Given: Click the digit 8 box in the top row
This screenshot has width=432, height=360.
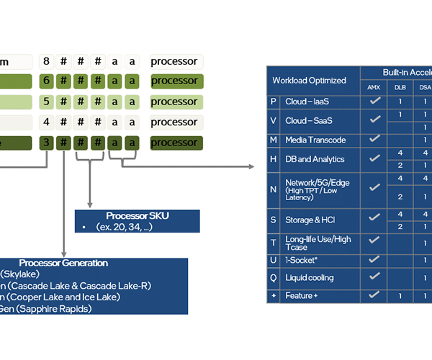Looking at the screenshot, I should [x=47, y=62].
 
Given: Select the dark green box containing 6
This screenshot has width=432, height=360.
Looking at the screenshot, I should [x=47, y=81].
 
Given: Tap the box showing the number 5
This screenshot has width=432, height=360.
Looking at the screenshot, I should [x=47, y=102].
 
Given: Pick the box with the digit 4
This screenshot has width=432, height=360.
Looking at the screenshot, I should [x=47, y=122].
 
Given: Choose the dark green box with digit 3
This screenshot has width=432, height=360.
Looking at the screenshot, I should [x=47, y=143].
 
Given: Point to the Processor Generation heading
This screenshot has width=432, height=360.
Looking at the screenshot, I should [x=63, y=264].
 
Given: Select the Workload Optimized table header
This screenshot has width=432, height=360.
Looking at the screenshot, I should [x=309, y=80].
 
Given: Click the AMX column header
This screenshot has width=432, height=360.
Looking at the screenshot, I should [x=374, y=87].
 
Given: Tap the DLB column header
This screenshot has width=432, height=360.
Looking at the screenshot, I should [x=400, y=87].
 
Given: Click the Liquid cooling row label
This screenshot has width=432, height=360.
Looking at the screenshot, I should [x=310, y=277].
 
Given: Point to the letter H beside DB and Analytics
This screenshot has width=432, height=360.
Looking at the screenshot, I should [x=274, y=159].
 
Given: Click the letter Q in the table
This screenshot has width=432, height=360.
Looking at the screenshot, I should [x=274, y=277].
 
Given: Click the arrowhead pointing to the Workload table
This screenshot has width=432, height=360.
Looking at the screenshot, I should [x=251, y=167].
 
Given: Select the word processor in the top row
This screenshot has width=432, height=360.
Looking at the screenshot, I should [x=174, y=62].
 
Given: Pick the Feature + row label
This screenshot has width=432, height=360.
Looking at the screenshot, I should [x=299, y=295].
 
